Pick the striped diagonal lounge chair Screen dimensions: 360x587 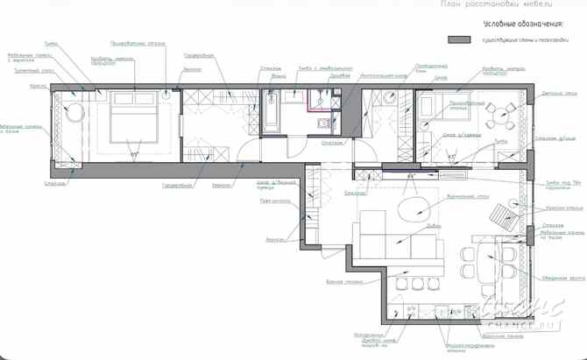point(504,215)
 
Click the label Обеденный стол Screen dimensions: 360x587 point(563,279)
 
